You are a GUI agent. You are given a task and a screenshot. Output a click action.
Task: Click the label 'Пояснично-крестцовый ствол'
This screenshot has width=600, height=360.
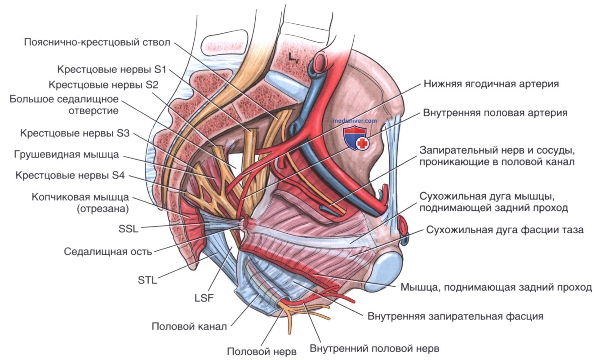(98, 43)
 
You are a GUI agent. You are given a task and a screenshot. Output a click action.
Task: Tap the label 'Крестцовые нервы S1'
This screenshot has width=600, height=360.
(112, 70)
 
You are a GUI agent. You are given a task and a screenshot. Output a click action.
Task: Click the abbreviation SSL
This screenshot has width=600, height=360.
(126, 228)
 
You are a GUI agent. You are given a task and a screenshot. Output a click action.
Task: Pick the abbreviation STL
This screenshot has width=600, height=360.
(147, 281)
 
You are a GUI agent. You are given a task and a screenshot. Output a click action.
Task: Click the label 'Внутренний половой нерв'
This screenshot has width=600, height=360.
(374, 348)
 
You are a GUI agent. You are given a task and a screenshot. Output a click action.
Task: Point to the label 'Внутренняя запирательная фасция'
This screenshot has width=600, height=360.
(455, 316)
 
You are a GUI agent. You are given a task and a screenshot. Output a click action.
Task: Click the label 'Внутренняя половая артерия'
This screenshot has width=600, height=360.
(495, 113)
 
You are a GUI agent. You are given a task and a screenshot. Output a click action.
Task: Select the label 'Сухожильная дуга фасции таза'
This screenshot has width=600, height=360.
(505, 230)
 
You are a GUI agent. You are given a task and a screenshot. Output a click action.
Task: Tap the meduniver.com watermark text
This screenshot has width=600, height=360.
(354, 121)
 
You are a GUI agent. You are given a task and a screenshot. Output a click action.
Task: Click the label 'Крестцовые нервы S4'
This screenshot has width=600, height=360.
(69, 175)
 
